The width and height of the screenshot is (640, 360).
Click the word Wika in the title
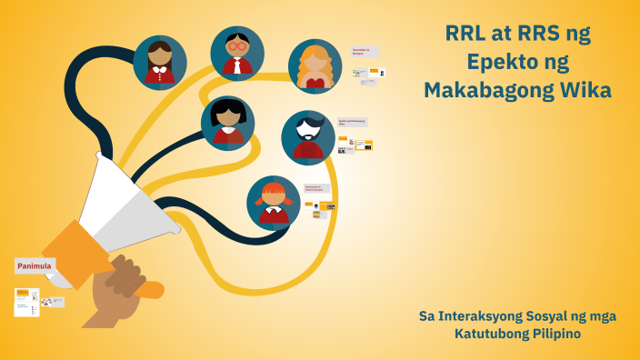tap(588, 91)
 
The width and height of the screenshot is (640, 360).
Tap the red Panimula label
tap(35, 266)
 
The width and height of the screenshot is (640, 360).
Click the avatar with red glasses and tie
tap(237, 54)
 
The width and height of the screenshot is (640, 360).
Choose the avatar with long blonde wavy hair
tap(315, 66)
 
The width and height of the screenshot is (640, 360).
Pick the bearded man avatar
tap(308, 137)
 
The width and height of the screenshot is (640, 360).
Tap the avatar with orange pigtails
tap(274, 202)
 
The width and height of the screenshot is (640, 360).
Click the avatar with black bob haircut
tap(227, 122)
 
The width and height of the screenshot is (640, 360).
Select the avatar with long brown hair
tap(160, 62)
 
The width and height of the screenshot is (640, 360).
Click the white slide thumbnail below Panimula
tap(26, 302)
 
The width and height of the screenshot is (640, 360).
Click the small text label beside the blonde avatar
tap(365, 52)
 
